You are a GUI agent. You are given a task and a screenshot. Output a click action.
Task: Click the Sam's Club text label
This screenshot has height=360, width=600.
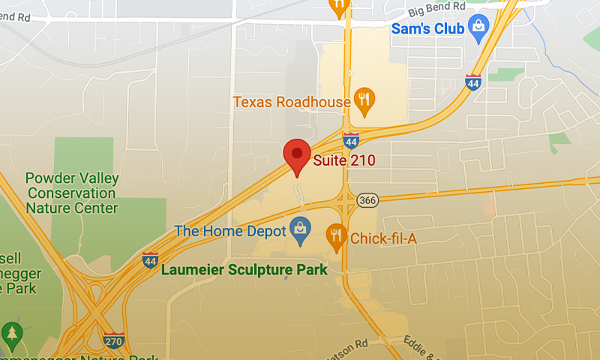point(427,28)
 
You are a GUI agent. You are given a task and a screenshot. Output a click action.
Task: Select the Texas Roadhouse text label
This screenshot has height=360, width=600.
point(292,101)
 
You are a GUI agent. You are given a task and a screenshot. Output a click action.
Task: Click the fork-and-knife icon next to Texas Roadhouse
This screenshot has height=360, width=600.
point(364,100)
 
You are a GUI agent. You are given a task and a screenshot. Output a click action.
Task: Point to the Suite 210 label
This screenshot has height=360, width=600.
point(344,160)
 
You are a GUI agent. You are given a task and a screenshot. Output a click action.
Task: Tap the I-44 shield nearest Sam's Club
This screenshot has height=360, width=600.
point(472,82)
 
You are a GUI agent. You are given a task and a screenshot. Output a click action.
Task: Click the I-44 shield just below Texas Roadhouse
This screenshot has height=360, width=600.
point(350,139)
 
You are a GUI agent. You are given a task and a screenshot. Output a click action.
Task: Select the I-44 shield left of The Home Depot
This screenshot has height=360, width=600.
point(151,259)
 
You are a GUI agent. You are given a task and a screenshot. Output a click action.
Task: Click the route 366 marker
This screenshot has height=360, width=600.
point(367,199)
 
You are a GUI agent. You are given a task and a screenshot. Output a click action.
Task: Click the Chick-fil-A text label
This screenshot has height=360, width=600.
point(383,238)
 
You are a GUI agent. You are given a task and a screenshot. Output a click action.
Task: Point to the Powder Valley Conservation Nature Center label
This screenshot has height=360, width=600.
point(72,193)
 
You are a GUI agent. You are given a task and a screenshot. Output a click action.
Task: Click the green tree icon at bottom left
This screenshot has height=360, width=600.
point(12,333)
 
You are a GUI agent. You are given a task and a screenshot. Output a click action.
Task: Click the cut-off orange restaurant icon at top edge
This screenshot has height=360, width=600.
point(339,6)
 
